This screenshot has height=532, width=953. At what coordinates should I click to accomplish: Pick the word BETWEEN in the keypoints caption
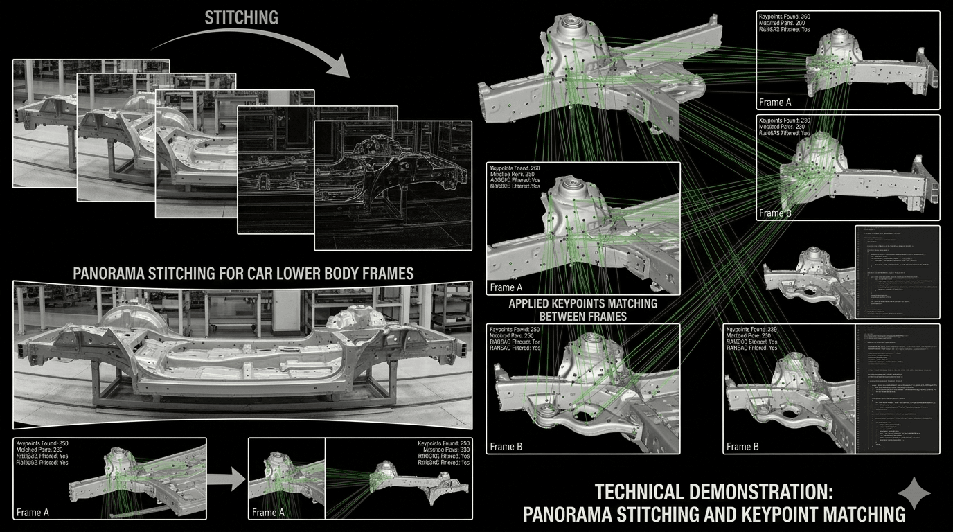(549, 317)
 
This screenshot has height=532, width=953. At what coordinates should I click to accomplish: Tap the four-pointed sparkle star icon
(915, 493)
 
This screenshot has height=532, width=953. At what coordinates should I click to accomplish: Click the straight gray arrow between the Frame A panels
(226, 478)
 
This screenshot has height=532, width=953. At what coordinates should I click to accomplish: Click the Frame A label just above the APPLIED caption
(506, 287)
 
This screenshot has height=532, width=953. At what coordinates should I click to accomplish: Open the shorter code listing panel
(898, 272)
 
